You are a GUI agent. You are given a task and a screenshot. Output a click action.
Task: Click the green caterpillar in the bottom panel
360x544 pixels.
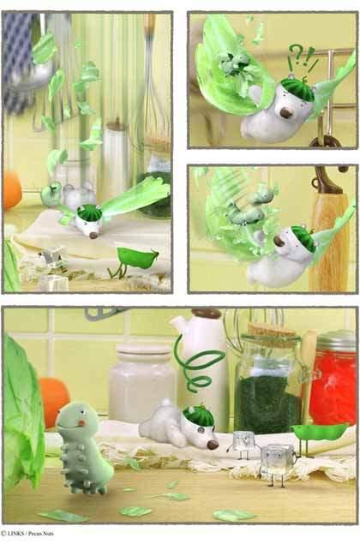(x=83, y=447)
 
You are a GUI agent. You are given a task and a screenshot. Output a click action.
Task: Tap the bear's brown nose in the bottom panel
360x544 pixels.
(x=212, y=445)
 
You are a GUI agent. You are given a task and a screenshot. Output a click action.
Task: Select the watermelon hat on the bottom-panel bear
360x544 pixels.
(x=198, y=415)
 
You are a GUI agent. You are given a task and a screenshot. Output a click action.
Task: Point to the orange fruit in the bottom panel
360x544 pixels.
(x=53, y=402)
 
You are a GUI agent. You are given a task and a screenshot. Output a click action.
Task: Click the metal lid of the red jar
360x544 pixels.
(x=338, y=339)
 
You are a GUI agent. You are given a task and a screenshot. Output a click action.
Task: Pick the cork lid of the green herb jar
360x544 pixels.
(x=271, y=332)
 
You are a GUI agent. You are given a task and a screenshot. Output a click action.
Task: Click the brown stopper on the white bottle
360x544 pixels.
(x=207, y=314)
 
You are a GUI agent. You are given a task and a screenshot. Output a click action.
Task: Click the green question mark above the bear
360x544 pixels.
(x=297, y=53)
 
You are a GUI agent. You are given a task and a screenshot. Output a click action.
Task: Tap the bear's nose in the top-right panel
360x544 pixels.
(x=285, y=113)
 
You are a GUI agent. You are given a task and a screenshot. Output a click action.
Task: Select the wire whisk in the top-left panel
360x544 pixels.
(x=152, y=80)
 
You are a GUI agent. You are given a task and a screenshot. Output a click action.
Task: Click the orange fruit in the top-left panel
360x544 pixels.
(x=12, y=190)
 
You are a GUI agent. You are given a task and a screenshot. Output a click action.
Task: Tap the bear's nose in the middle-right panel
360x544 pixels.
(x=279, y=241)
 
